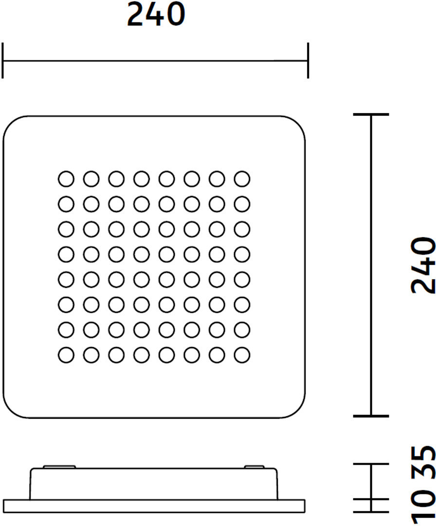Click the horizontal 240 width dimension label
point(156,15)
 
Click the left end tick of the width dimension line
point(3,60)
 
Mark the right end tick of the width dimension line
point(308,60)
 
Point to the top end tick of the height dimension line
point(371,114)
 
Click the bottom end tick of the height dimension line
point(371,416)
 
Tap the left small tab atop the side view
point(59,467)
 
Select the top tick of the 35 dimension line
point(371,464)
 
